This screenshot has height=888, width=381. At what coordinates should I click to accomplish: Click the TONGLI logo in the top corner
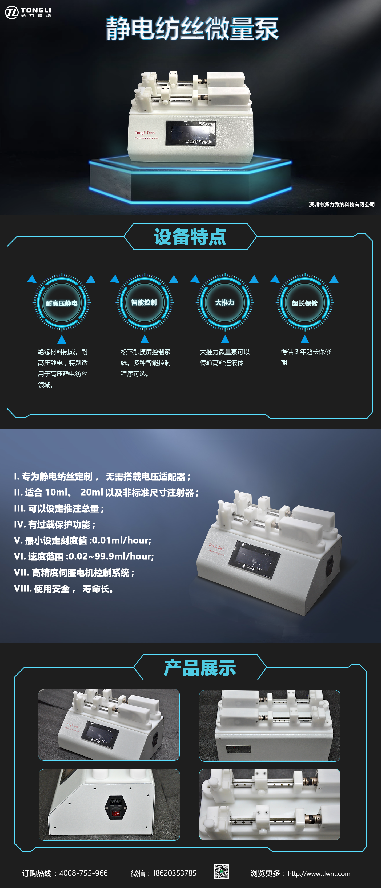coord(28,12)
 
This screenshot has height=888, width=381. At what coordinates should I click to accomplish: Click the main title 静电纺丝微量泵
coord(192,29)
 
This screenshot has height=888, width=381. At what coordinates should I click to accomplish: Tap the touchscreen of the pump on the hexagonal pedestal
coord(190,133)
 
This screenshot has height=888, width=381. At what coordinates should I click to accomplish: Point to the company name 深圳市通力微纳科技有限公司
coord(342,204)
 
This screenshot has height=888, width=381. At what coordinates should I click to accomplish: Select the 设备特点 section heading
coord(190,236)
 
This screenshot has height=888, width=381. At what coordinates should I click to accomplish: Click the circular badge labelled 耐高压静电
coord(62,303)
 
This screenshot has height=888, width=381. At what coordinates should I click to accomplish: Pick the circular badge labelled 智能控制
coord(144,302)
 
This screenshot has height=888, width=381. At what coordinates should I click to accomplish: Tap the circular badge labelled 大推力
coord(225,302)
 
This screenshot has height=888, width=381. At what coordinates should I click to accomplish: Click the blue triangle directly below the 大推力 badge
coord(225,339)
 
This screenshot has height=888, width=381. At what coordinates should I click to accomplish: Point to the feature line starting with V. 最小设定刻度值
coord(83,540)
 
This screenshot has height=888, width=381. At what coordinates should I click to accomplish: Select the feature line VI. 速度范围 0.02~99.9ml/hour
coord(84,556)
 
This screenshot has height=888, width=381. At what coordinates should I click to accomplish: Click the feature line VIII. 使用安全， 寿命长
coord(64,589)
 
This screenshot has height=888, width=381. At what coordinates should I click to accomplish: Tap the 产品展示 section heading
coord(200,667)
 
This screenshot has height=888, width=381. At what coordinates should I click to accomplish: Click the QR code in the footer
coord(222,872)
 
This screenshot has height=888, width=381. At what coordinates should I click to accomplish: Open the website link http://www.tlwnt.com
coord(319,874)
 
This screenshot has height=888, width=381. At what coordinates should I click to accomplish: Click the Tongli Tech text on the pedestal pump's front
coord(145,133)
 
